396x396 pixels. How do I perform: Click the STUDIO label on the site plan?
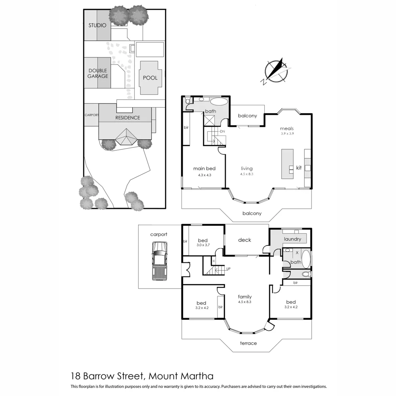pyautogui.click(x=97, y=25)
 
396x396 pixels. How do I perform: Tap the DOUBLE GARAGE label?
pyautogui.click(x=98, y=73)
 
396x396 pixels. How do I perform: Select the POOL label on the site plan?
pyautogui.click(x=150, y=78)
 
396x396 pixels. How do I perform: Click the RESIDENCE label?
pyautogui.click(x=128, y=118)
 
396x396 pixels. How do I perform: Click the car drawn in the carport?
pyautogui.click(x=159, y=260)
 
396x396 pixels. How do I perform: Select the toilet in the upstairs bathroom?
pyautogui.click(x=188, y=100)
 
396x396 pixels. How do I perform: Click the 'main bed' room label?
pyautogui.click(x=204, y=169)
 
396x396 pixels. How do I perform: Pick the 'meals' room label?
pyautogui.click(x=287, y=128)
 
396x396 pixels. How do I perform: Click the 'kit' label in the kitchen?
pyautogui.click(x=299, y=168)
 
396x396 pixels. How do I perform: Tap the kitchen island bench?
pyautogui.click(x=287, y=164)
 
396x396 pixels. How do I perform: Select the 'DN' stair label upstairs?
pyautogui.click(x=222, y=131)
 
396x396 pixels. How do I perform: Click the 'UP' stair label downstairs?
pyautogui.click(x=228, y=269)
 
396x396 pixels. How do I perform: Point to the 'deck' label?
pyautogui.click(x=245, y=240)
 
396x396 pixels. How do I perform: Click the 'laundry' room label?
pyautogui.click(x=292, y=239)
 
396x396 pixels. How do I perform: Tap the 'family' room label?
pyautogui.click(x=245, y=297)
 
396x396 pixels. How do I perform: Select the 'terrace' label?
pyautogui.click(x=248, y=343)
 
